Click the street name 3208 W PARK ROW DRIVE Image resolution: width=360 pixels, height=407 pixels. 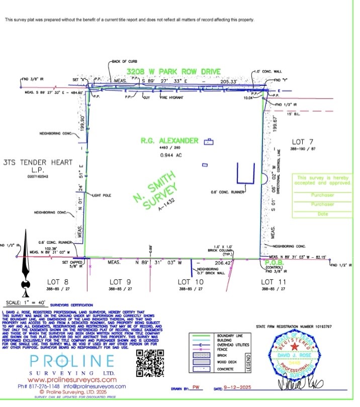[x=174, y=72]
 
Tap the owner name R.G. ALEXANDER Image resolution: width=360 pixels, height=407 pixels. [x=171, y=141]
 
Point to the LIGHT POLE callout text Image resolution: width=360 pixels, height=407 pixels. [x=101, y=194]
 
